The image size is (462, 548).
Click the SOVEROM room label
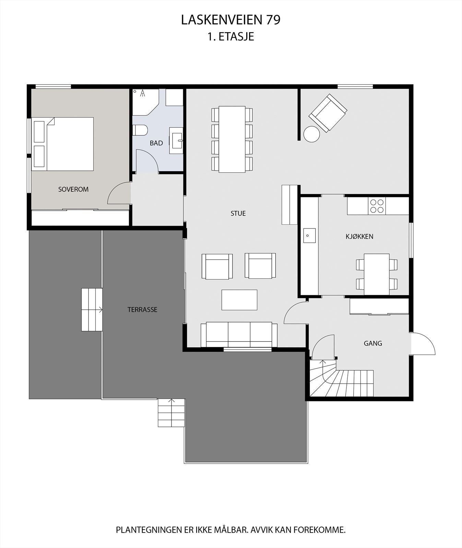click(x=73, y=189)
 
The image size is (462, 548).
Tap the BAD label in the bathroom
click(x=156, y=143)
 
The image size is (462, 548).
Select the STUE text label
click(x=238, y=213)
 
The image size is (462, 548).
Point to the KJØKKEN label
click(x=359, y=236)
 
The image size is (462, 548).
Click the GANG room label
click(x=373, y=343)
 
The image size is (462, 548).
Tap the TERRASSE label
click(x=142, y=310)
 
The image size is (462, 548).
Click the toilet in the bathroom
click(x=140, y=130)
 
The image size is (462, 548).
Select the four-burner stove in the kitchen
click(x=377, y=206)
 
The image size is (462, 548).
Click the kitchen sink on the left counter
click(x=309, y=235)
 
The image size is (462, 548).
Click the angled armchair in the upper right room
click(x=328, y=113)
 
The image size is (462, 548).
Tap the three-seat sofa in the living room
click(x=239, y=334)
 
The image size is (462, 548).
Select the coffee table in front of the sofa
click(x=239, y=300)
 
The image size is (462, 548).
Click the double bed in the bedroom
click(x=63, y=144)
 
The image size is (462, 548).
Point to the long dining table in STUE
click(x=232, y=139)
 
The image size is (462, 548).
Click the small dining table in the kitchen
click(x=377, y=274)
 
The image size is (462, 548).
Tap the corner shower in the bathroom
click(x=145, y=101)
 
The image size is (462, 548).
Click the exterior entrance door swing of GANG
click(x=423, y=344)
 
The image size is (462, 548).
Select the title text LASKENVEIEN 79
click(x=230, y=20)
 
